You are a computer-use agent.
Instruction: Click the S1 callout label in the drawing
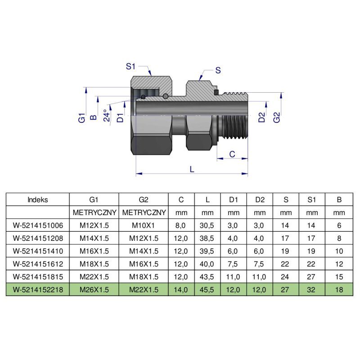(x=130, y=66)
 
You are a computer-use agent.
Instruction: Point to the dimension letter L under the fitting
(x=192, y=169)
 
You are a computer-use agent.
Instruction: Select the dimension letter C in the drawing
(x=232, y=154)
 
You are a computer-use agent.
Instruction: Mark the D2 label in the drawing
(x=261, y=118)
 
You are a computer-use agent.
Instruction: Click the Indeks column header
(x=37, y=199)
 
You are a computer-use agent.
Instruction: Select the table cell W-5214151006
(x=37, y=225)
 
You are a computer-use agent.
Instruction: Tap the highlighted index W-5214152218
(x=37, y=290)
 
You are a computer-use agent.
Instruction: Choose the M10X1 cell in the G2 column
(x=143, y=225)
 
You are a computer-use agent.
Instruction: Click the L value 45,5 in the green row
(x=207, y=290)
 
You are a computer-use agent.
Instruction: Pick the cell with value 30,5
(x=207, y=225)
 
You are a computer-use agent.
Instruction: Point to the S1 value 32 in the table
(x=312, y=290)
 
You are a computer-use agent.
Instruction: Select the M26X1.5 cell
(x=94, y=290)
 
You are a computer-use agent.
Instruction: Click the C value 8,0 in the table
(x=181, y=225)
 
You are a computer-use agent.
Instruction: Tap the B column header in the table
(x=339, y=199)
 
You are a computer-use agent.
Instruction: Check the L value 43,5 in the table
(x=207, y=277)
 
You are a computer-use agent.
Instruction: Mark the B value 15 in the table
(x=339, y=277)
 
